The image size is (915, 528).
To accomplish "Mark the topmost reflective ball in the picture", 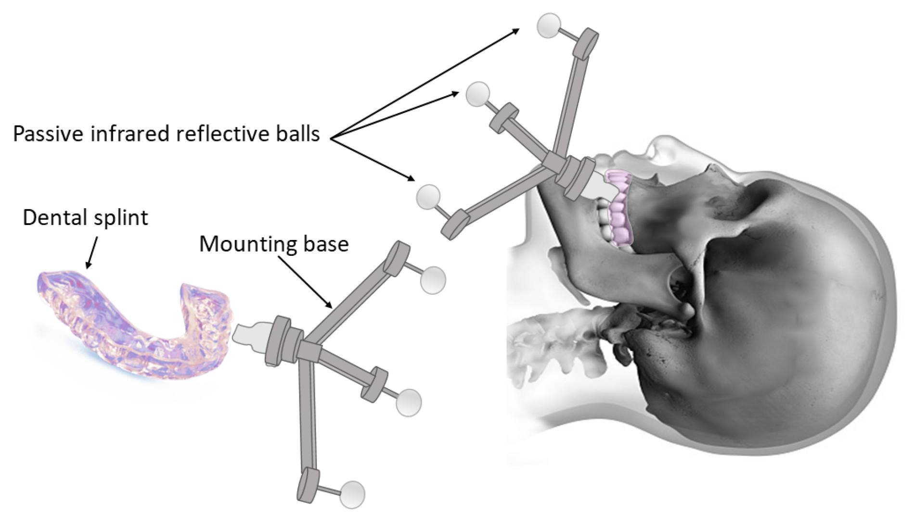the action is point(549,25).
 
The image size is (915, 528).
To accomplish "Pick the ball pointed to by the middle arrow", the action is point(478,94).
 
